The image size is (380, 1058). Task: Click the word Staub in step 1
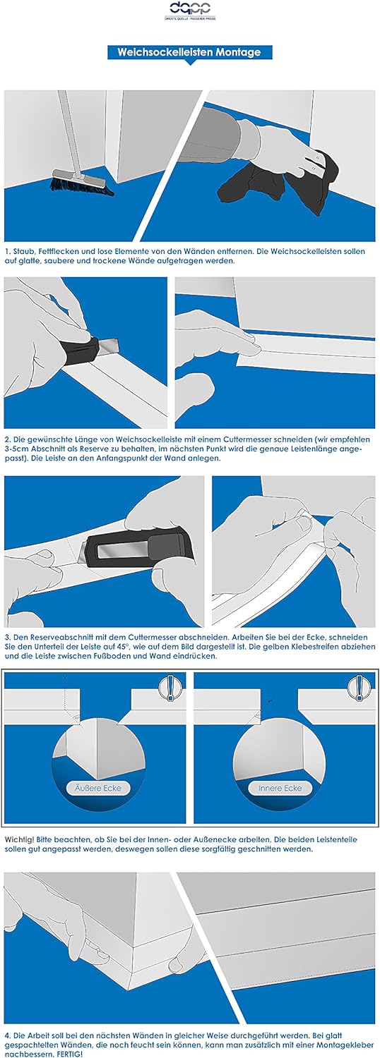tap(25, 251)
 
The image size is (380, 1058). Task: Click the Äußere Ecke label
tap(98, 789)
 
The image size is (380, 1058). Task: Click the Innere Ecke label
tap(280, 789)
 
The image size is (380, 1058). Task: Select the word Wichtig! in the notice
tap(19, 840)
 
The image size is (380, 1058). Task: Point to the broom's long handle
tap(69, 132)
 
